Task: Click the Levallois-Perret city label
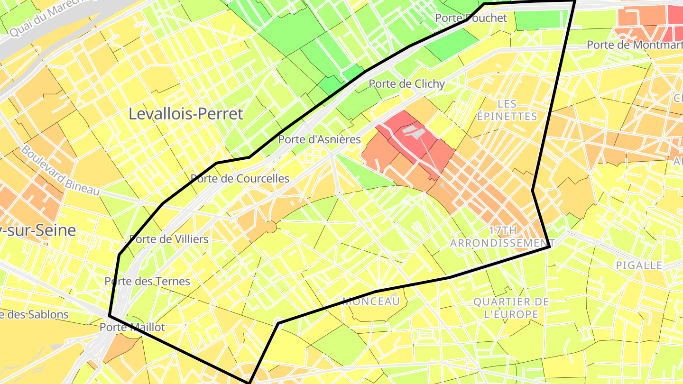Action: coord(186,114)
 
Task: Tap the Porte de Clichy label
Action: coord(406,84)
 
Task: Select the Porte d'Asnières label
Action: coord(319,139)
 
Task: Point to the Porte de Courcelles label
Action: coord(240,179)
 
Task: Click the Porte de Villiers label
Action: coord(169,239)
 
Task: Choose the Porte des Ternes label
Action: coord(147,281)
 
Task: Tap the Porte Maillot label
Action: coord(132,327)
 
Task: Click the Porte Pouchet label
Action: coord(471,18)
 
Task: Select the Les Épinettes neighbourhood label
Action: coord(507,110)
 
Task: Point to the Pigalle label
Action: coord(639,265)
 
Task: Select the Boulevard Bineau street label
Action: coord(60,170)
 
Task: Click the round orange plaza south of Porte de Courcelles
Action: coord(270,227)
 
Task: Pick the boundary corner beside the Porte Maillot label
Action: coord(110,315)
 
